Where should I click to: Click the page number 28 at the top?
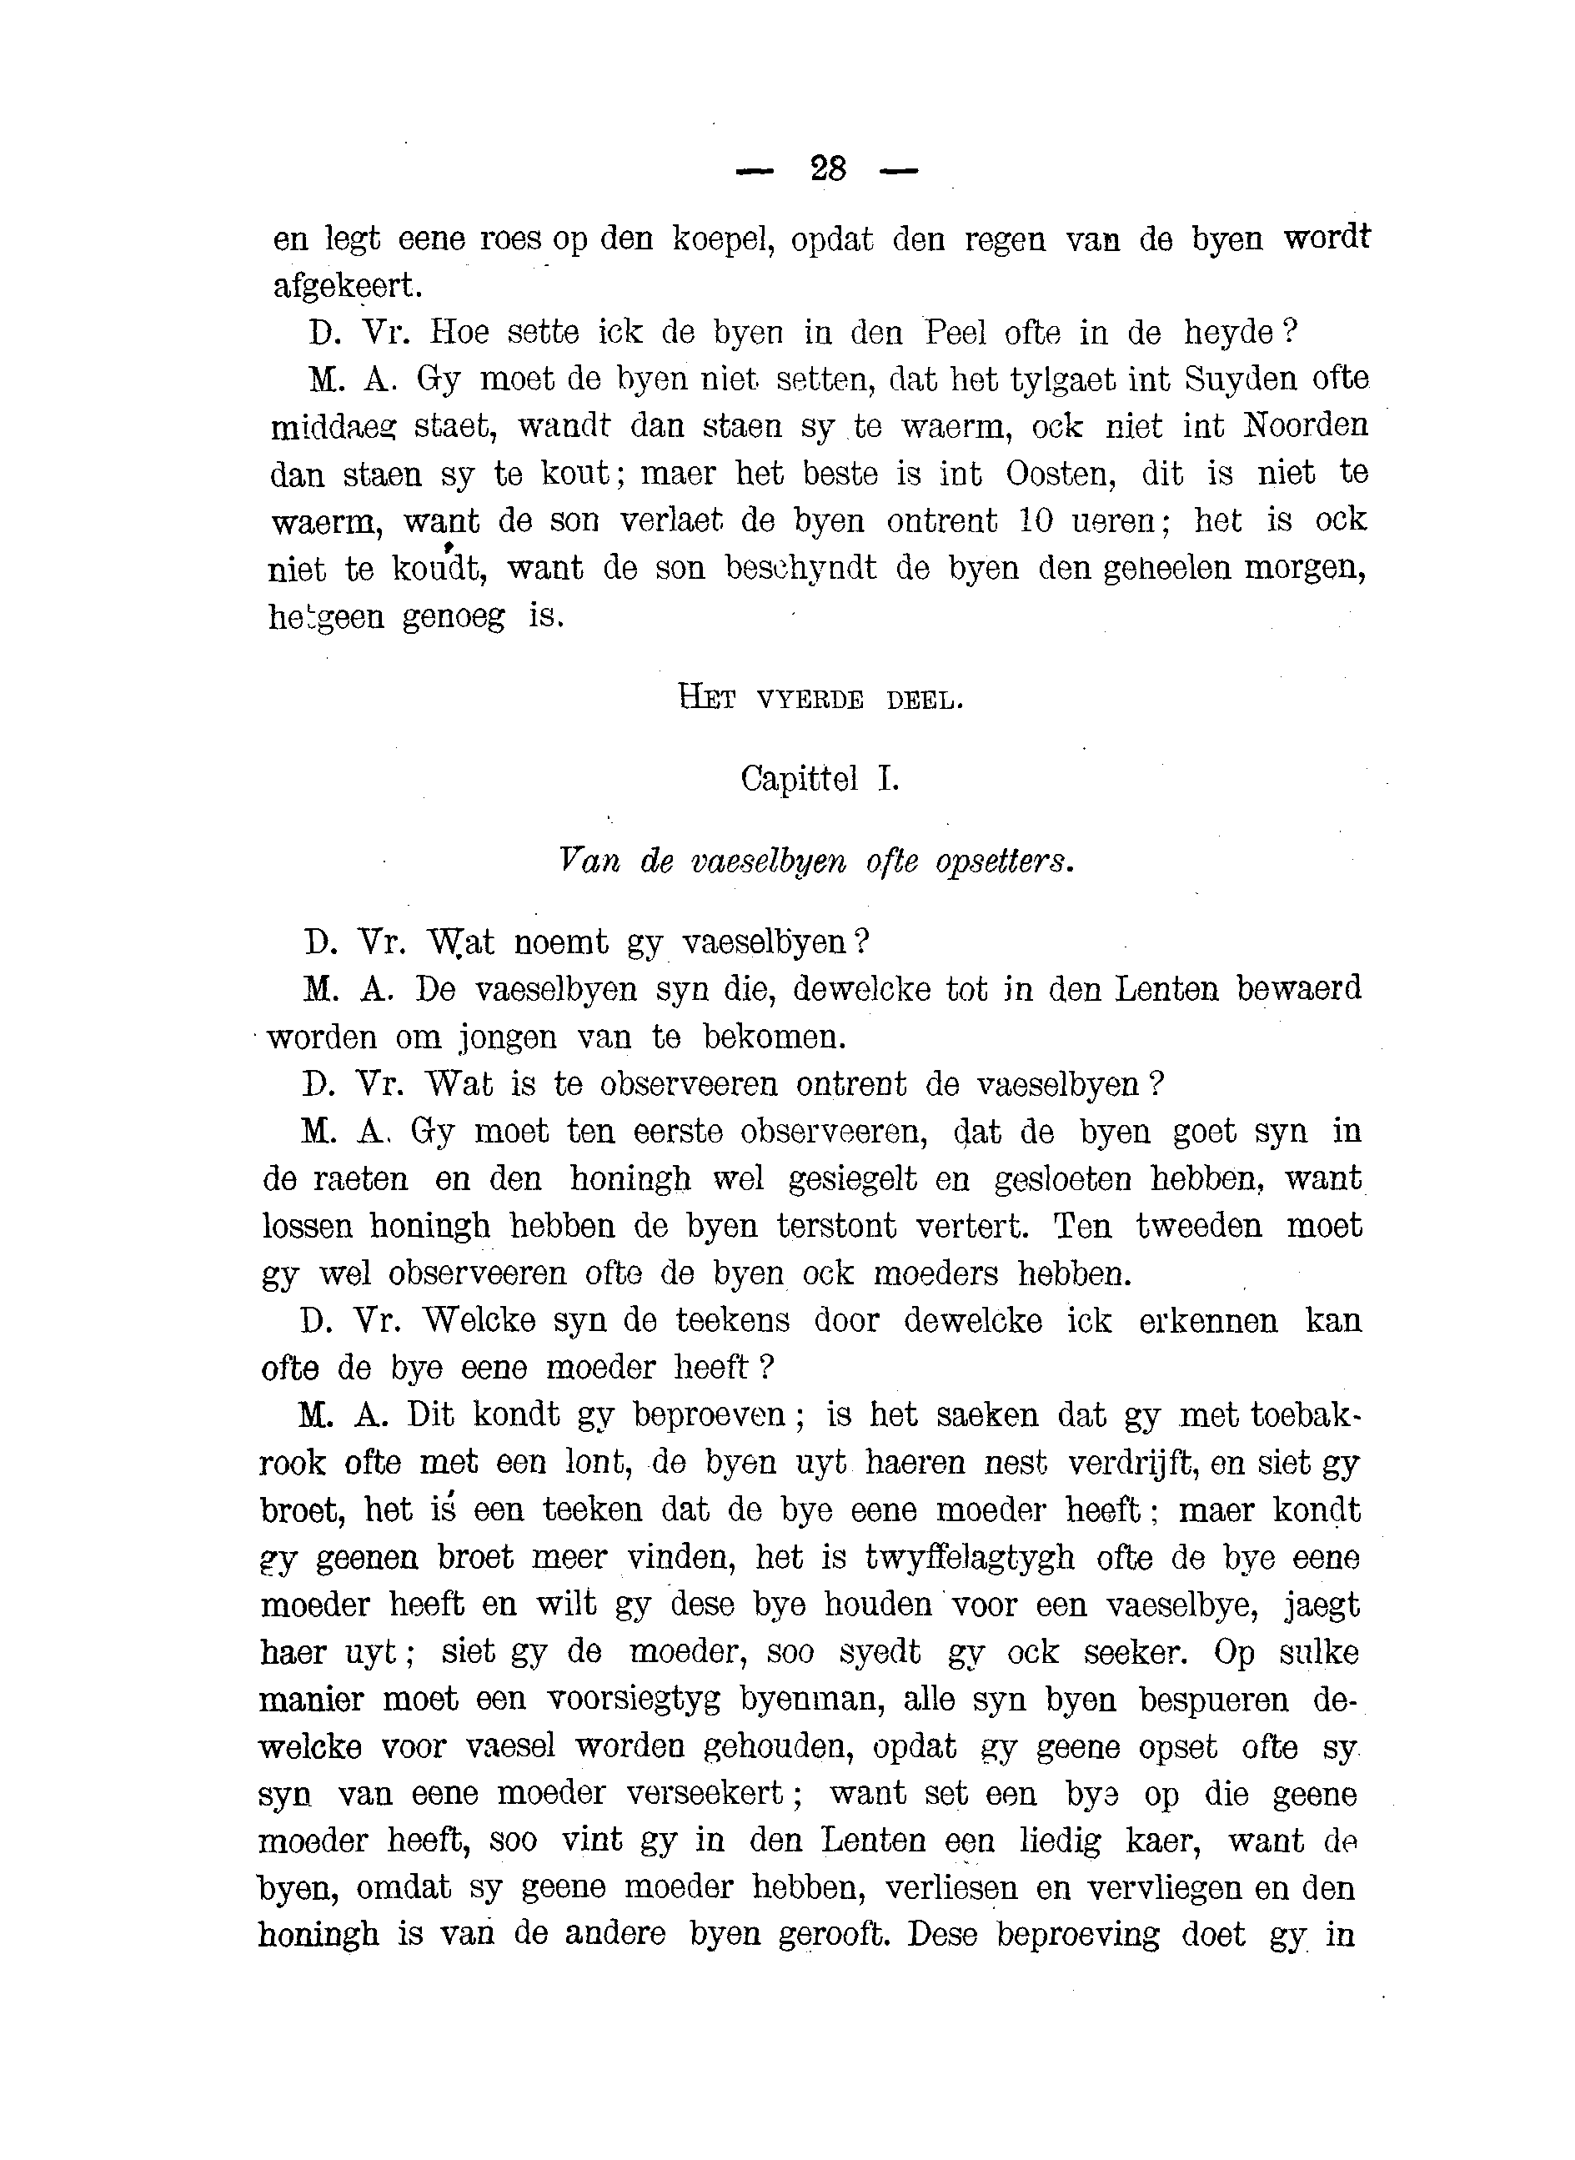828,170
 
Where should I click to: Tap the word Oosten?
1058,473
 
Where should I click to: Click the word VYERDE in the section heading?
810,701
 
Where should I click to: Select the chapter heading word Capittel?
799,780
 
